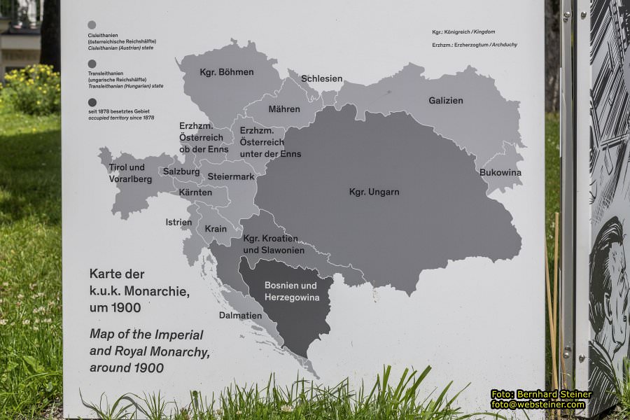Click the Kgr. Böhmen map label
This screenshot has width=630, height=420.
216,72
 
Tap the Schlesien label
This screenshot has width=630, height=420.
321,78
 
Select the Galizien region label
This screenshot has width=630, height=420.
446,101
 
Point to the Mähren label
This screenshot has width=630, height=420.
284,109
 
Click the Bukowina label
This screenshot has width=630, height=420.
500,172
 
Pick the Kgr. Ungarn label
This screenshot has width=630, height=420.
374,192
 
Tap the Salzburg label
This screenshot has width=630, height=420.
181,171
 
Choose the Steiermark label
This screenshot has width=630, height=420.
231,176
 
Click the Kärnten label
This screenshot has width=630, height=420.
195,192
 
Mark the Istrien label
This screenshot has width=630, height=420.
178,223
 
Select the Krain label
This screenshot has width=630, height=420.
216,229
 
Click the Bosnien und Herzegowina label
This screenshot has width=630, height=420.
290,291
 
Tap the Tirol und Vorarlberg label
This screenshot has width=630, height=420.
127,172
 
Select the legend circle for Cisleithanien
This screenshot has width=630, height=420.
92,24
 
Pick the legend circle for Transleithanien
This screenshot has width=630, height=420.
92,64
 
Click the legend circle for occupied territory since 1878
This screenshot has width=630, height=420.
92,102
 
